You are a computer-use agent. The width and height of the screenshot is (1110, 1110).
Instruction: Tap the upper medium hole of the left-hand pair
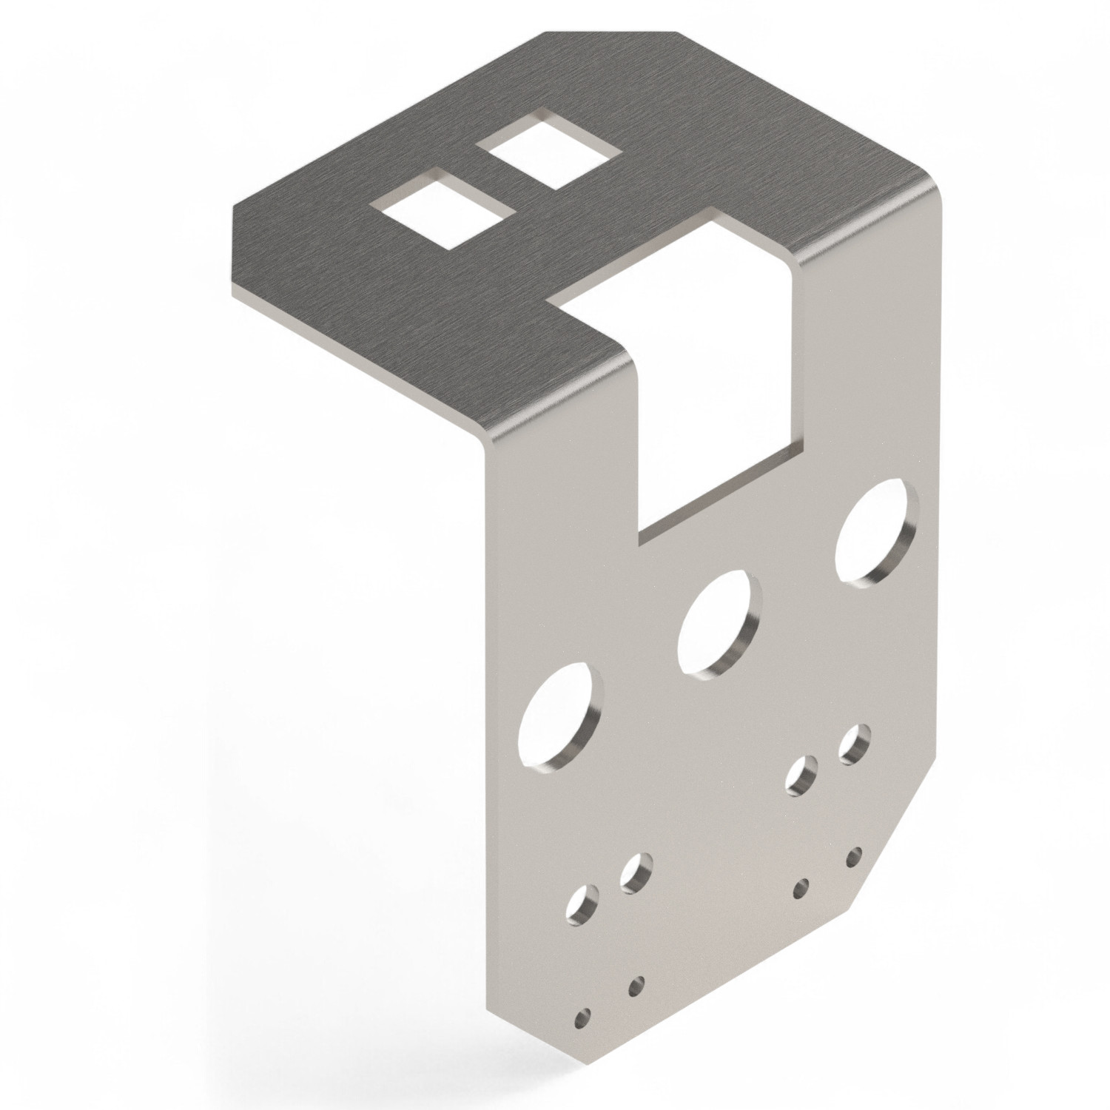636,873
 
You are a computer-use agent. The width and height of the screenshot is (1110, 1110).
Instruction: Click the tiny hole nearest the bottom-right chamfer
855,858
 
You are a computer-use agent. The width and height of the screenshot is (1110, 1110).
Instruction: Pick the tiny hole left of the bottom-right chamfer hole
800,889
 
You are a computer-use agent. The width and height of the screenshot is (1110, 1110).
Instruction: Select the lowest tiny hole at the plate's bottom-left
584,1017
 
